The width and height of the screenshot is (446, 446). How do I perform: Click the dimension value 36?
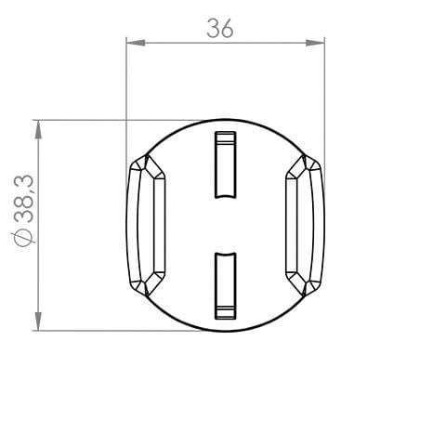220,29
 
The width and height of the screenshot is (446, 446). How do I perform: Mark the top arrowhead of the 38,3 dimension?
37,125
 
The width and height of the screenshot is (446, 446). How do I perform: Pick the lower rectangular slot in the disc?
224,284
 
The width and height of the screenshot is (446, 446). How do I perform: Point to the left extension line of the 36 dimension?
126,93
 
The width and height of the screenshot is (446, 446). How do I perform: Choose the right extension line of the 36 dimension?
325,93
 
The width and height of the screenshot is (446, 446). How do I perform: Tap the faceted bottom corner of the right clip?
301,282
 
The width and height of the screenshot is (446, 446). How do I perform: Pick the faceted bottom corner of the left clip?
149,282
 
